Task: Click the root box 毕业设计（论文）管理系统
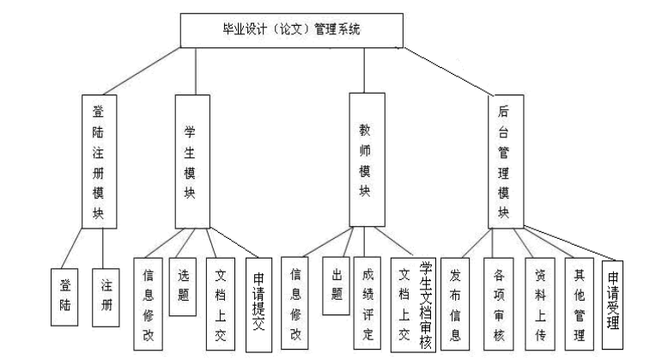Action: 291,30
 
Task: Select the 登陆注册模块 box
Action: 99,162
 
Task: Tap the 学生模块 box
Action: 192,162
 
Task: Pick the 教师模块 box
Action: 367,160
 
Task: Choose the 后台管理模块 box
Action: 506,162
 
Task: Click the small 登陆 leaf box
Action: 64,297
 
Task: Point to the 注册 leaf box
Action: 106,297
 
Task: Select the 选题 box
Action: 182,287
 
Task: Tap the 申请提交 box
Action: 258,305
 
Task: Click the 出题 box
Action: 336,285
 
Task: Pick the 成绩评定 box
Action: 367,302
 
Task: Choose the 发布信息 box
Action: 455,303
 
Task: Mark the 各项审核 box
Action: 498,303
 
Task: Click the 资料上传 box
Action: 540,303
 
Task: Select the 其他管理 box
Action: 579,303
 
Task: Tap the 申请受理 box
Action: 612,305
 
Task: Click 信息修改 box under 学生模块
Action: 148,304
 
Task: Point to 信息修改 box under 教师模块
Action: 295,302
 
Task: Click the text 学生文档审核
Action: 426,305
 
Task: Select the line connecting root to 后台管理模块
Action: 446,71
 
